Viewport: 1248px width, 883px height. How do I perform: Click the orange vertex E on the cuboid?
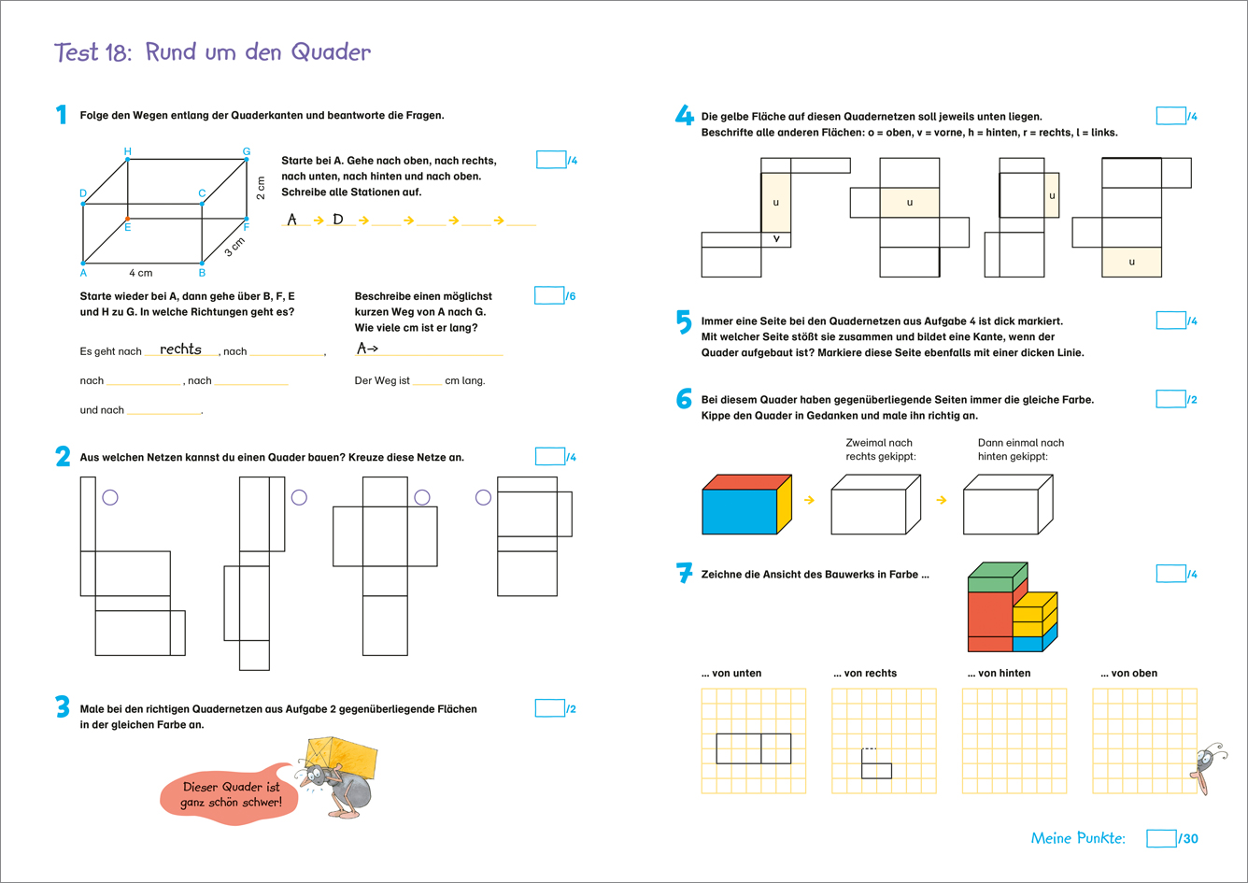[128, 219]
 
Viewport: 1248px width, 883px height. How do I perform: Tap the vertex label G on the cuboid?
[247, 150]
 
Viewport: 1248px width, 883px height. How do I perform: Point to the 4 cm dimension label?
[140, 273]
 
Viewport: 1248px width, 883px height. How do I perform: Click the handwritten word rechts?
[180, 349]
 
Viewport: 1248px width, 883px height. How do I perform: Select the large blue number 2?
[63, 457]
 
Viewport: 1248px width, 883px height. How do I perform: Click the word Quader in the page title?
[332, 51]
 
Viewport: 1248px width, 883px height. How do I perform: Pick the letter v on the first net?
[775, 238]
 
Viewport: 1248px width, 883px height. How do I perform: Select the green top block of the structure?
[996, 573]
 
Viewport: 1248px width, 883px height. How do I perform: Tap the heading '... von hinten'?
[997, 673]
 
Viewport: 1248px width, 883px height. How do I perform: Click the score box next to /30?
[1161, 838]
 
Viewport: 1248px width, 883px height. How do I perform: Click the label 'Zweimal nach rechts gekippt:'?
[879, 449]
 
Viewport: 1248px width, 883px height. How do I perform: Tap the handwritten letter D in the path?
[338, 220]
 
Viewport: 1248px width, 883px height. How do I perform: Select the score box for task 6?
[1170, 399]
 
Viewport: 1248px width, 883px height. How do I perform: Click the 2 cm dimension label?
[262, 188]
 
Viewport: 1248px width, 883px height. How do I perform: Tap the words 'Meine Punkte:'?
[1078, 838]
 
